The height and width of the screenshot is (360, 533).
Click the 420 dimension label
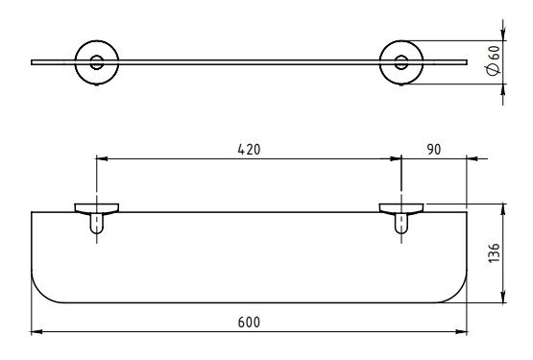tap(249, 150)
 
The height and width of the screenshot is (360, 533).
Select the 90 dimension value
tap(434, 150)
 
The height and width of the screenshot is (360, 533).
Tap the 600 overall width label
tap(249, 323)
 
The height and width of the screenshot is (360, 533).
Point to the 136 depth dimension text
tap(494, 252)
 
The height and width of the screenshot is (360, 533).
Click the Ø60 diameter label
tap(494, 60)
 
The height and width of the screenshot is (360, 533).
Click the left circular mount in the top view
tap(76, 62)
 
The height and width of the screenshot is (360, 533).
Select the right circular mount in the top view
tap(380, 62)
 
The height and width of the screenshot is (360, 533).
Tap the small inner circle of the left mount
tap(97, 56)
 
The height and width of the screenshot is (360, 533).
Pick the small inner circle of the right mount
tap(401, 56)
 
